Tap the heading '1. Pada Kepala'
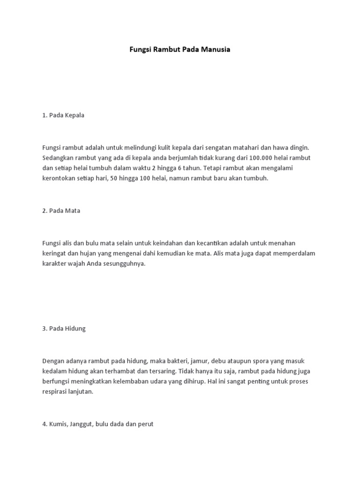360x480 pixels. pos(63,115)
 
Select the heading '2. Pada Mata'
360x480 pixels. pos(61,210)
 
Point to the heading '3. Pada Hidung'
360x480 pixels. pos(64,329)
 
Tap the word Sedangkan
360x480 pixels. pos(58,157)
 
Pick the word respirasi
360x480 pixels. pos(55,392)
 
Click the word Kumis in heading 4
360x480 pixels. pos(59,424)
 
